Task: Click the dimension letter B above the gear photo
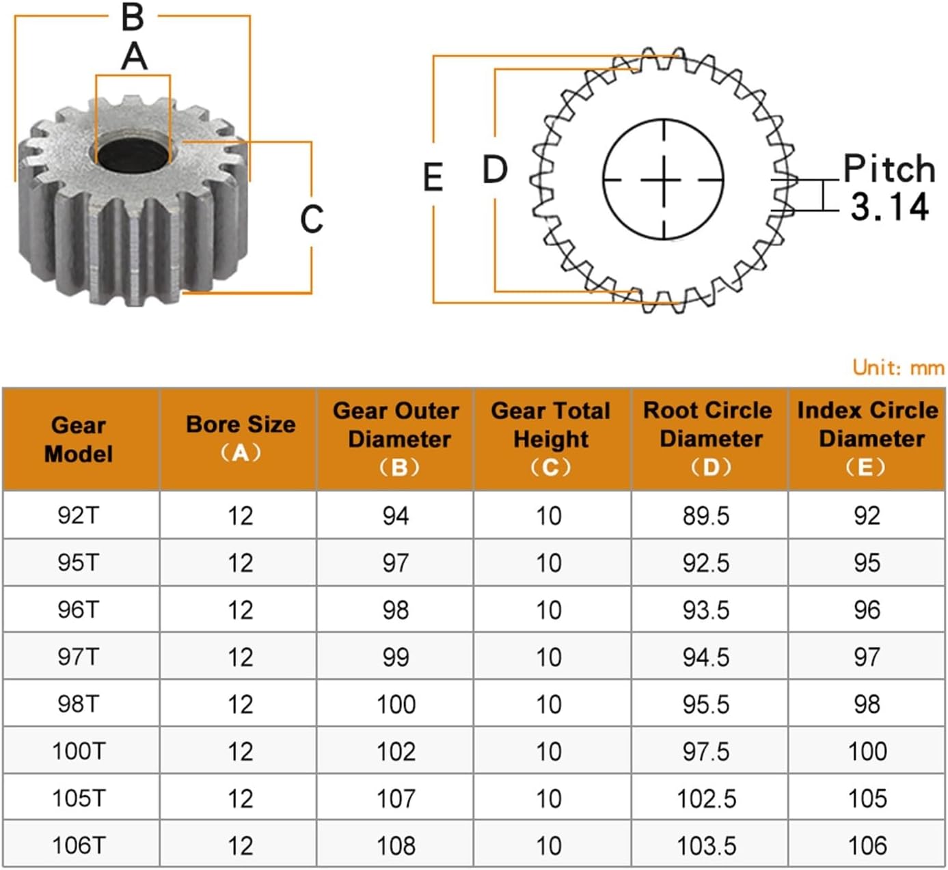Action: coord(133,18)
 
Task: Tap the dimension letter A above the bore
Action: coord(134,57)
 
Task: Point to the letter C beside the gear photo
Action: coord(312,219)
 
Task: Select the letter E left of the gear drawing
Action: coord(433,177)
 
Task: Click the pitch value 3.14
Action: coord(889,207)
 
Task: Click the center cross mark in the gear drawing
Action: coord(664,180)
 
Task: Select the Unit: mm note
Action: coord(898,367)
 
